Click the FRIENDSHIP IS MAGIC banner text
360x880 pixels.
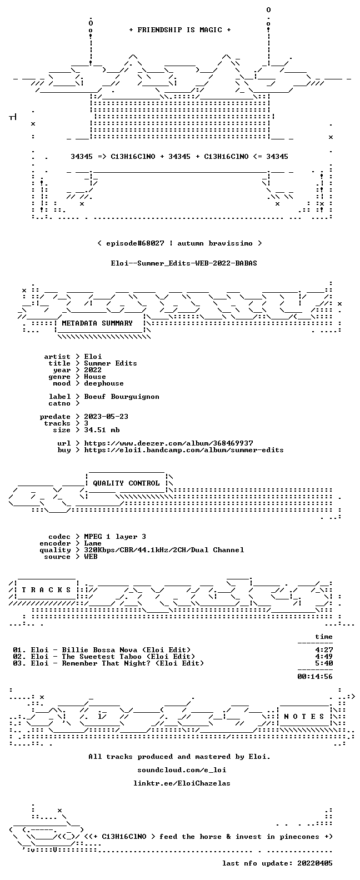180,30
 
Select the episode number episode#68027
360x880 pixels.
135,243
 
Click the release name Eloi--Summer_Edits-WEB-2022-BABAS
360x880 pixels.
184,263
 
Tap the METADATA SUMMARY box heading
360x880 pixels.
97,323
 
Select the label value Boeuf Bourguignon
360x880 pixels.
122,397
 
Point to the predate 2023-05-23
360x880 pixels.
106,417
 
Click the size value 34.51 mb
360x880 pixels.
102,430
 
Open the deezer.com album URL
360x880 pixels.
168,443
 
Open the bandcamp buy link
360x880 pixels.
184,450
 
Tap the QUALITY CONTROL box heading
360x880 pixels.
126,483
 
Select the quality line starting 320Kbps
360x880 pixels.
164,550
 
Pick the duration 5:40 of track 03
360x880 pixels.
324,663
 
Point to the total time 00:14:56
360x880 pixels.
315,677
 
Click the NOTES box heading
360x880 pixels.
304,717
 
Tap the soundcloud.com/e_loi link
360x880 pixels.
182,769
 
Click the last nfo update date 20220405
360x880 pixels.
315,863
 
